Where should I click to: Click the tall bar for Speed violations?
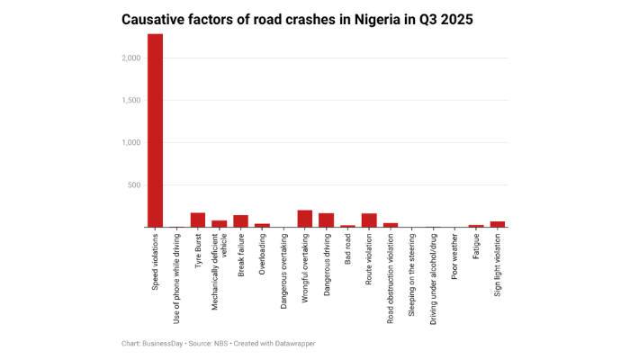pos(155,130)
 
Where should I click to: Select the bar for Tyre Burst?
pos(198,220)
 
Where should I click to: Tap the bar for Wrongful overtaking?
pos(305,219)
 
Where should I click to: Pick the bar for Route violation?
pos(369,220)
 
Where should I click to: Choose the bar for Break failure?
pos(240,220)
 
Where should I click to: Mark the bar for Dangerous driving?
pos(326,220)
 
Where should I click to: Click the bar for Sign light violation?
pos(498,224)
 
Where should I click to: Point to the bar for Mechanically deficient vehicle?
pos(220,223)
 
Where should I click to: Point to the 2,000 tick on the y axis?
pos(131,58)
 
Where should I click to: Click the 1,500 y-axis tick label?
pos(131,101)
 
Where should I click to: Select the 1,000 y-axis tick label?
pos(131,143)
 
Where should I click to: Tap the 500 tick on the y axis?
pos(135,185)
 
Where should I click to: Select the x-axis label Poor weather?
pos(454,257)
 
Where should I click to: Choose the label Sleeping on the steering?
pos(412,274)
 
